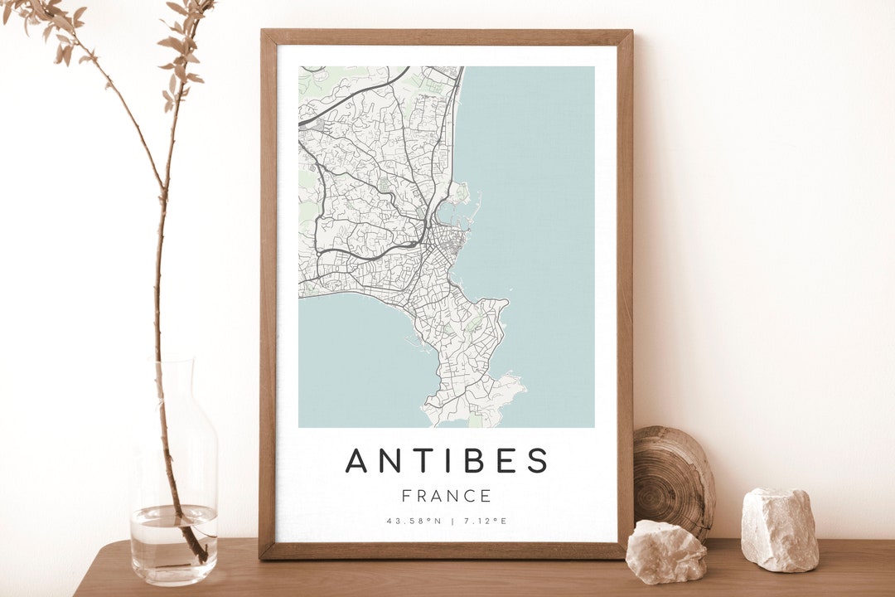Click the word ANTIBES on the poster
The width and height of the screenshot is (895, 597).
coord(447,461)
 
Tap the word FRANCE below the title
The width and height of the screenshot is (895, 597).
coord(447,497)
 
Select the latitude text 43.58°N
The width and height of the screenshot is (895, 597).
coord(412,522)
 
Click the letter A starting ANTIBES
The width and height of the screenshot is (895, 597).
coord(357,461)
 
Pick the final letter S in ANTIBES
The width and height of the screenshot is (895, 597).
coord(537,461)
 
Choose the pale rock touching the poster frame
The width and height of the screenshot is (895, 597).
coord(665,551)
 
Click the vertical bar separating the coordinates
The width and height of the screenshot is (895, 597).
coord(452,522)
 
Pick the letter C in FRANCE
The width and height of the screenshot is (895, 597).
coord(467,497)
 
